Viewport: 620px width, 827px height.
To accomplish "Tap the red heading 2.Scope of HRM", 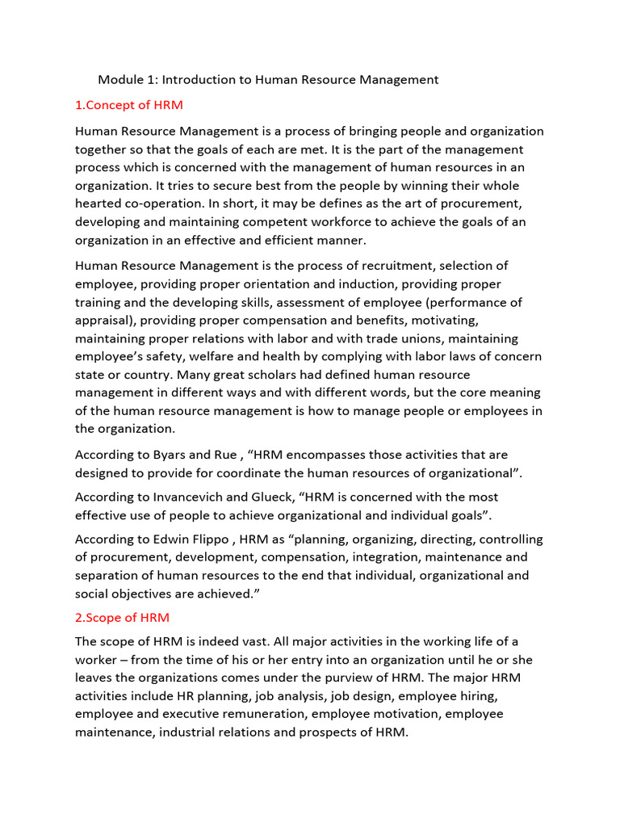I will (x=122, y=618).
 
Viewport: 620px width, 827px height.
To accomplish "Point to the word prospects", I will (x=329, y=733).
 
